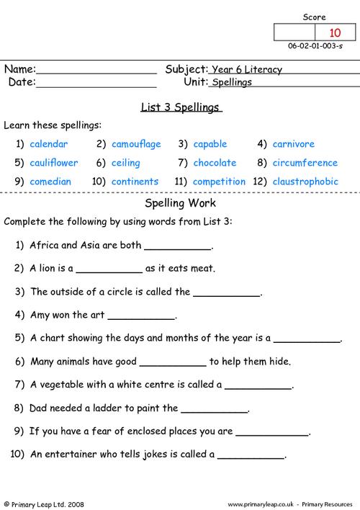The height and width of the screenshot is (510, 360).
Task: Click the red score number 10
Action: pyautogui.click(x=336, y=32)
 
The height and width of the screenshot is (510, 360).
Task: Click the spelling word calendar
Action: pyautogui.click(x=49, y=144)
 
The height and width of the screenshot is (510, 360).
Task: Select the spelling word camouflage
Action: pyautogui.click(x=136, y=144)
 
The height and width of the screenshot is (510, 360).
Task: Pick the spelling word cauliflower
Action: pyautogui.click(x=54, y=163)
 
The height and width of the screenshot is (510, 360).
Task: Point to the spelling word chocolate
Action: pyautogui.click(x=215, y=163)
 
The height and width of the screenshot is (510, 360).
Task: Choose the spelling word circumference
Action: pyautogui.click(x=305, y=163)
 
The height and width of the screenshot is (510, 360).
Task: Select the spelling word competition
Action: pyautogui.click(x=220, y=182)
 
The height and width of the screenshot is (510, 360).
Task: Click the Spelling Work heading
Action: pyautogui.click(x=180, y=202)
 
